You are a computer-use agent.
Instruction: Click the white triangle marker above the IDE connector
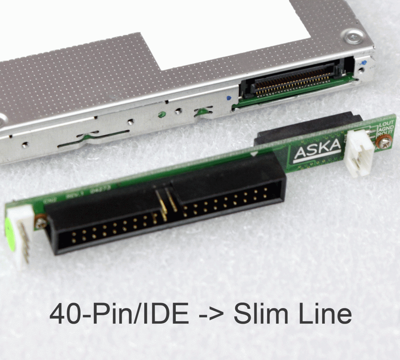point(254,154)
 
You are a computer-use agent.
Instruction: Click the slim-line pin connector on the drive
point(293,82)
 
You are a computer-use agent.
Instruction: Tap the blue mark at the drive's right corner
point(364,62)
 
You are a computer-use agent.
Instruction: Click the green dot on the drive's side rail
point(161,115)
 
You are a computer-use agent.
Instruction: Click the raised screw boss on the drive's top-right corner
point(354,37)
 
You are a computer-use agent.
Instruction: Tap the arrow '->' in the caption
point(211,315)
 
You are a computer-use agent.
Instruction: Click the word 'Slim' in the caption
point(261,314)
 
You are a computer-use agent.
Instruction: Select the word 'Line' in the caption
point(324,314)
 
